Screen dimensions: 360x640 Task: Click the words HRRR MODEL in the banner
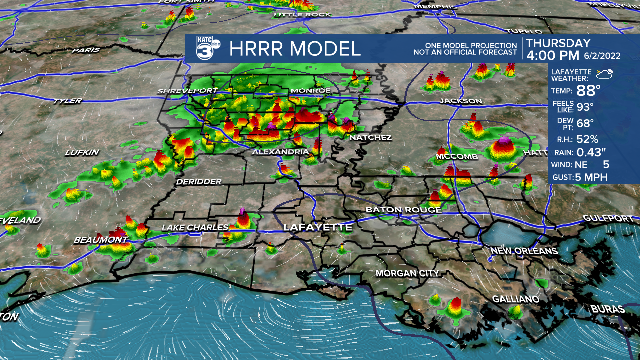[295, 49]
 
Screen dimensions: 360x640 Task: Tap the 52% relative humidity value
[587, 139]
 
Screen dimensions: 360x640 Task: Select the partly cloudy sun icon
[605, 74]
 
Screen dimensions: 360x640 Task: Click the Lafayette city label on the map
[317, 228]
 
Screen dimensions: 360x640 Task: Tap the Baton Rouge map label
[403, 210]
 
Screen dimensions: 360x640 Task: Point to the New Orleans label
[523, 250]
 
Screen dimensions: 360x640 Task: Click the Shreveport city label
[187, 91]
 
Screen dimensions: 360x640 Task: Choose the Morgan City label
[407, 273]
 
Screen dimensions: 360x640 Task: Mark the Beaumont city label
[100, 240]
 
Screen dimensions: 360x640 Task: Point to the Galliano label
[516, 299]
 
